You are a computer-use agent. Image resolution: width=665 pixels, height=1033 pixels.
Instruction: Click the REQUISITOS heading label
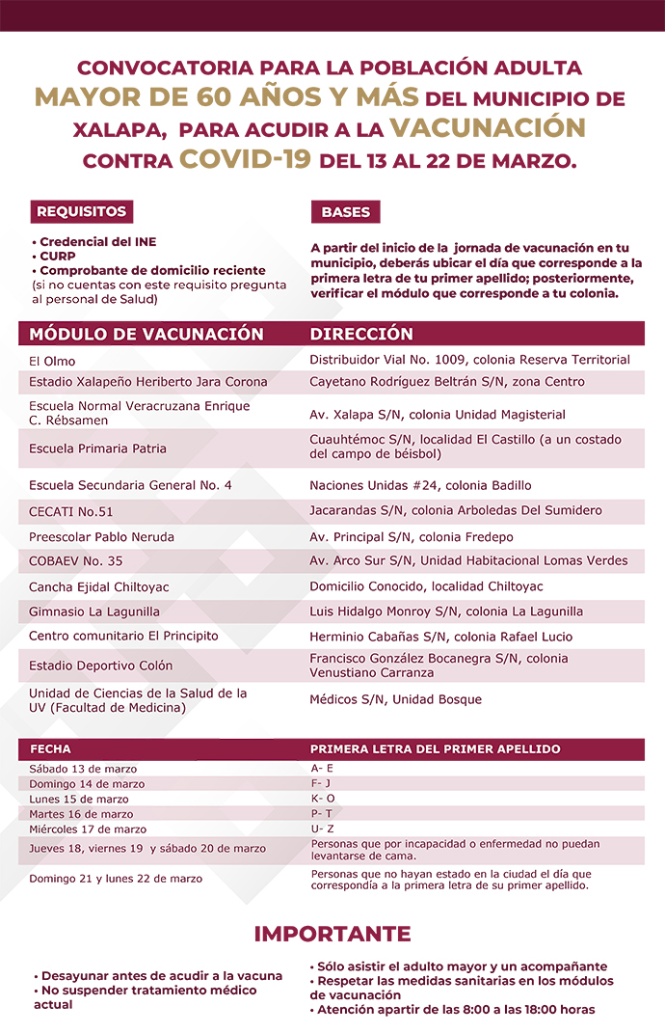(x=81, y=211)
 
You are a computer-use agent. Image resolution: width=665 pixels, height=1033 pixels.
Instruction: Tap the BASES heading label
(x=345, y=212)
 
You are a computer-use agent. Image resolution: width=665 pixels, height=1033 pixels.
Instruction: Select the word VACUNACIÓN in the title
(x=488, y=128)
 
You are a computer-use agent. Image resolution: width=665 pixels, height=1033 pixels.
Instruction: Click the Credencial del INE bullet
(x=93, y=242)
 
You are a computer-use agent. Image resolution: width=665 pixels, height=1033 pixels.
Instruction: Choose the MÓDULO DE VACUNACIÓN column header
(x=146, y=335)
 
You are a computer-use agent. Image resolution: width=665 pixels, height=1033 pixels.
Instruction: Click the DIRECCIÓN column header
(x=361, y=335)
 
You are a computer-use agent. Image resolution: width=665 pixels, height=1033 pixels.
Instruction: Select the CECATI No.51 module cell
(x=71, y=511)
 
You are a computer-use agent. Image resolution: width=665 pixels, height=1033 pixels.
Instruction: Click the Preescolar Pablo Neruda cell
(x=101, y=536)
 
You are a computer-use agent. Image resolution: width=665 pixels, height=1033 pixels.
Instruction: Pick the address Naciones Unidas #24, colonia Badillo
(x=420, y=485)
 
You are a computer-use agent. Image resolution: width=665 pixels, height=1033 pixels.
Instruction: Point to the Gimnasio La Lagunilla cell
(x=94, y=612)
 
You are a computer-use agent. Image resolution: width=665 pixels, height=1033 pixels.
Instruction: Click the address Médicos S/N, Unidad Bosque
(x=395, y=699)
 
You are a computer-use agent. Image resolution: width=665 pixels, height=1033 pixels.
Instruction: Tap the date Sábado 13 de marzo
(x=83, y=769)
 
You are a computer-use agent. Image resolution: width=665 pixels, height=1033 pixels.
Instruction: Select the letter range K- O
(x=323, y=799)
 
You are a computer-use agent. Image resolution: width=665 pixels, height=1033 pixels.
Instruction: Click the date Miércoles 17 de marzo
(x=88, y=829)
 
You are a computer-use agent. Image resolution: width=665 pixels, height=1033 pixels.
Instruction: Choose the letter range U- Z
(x=322, y=829)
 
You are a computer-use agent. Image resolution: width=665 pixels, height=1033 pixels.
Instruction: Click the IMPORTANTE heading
(x=332, y=934)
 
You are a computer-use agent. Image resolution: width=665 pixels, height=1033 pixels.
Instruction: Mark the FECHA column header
(x=51, y=748)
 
